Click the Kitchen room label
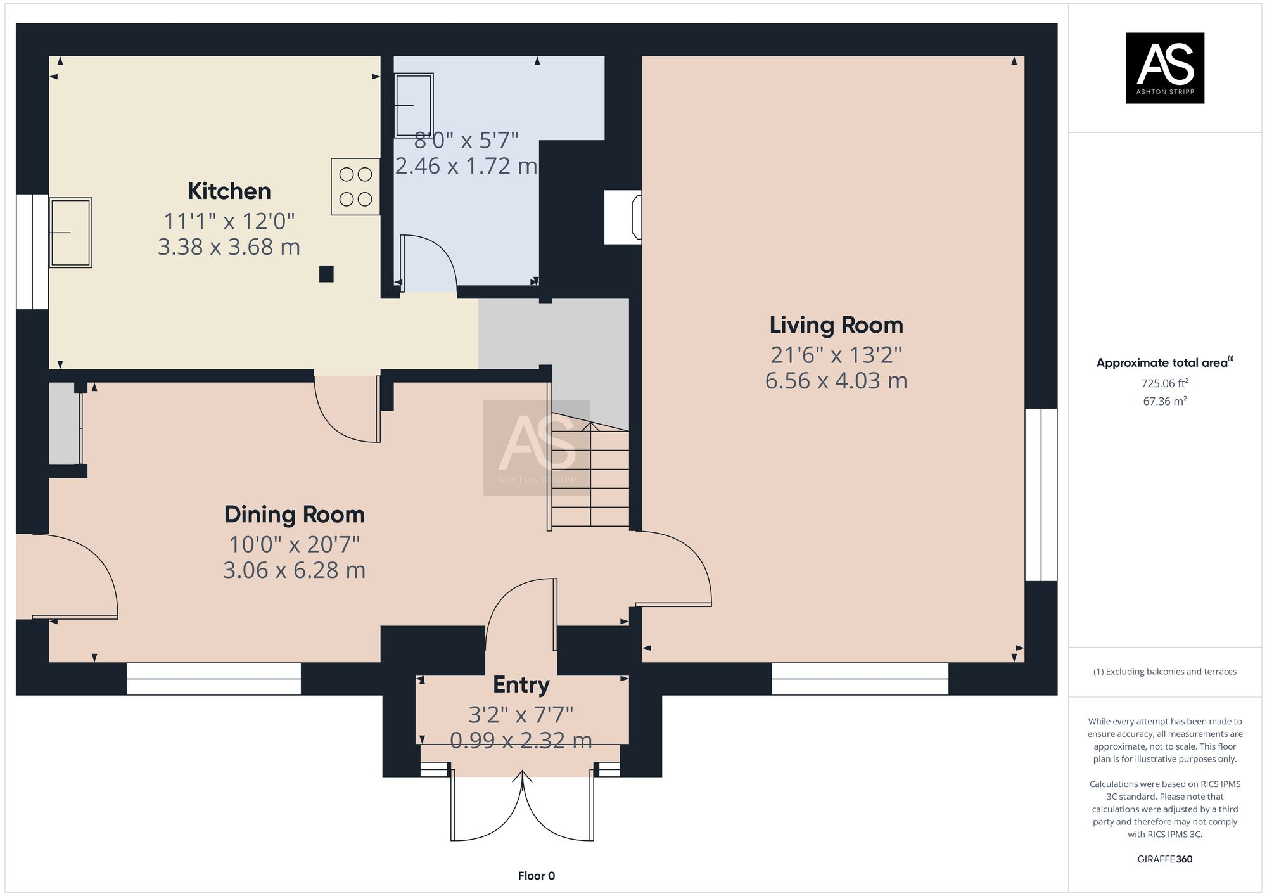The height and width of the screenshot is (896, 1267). (x=229, y=191)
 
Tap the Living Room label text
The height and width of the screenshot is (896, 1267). (x=836, y=325)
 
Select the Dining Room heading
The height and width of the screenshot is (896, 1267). (x=294, y=515)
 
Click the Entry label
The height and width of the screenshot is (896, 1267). (x=521, y=685)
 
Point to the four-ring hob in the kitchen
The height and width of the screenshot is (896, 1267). (x=355, y=187)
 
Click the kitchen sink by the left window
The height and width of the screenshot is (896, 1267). (x=70, y=233)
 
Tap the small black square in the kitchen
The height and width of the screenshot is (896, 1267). (x=326, y=274)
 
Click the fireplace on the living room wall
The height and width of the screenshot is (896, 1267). (x=624, y=217)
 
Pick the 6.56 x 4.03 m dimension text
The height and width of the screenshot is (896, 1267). (x=836, y=381)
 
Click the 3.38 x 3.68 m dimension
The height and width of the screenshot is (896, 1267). (x=229, y=247)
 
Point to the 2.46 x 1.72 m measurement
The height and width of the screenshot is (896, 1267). (x=466, y=166)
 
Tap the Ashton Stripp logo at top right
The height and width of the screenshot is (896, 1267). (x=1164, y=68)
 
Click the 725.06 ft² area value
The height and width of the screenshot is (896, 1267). (x=1164, y=383)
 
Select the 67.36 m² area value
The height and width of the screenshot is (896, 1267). (x=1164, y=401)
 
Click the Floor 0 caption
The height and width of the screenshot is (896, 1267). (x=536, y=876)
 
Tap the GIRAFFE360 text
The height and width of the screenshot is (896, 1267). (x=1164, y=859)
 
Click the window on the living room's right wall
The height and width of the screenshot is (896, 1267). (x=1041, y=494)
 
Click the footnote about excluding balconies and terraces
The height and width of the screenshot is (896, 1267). (x=1164, y=672)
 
